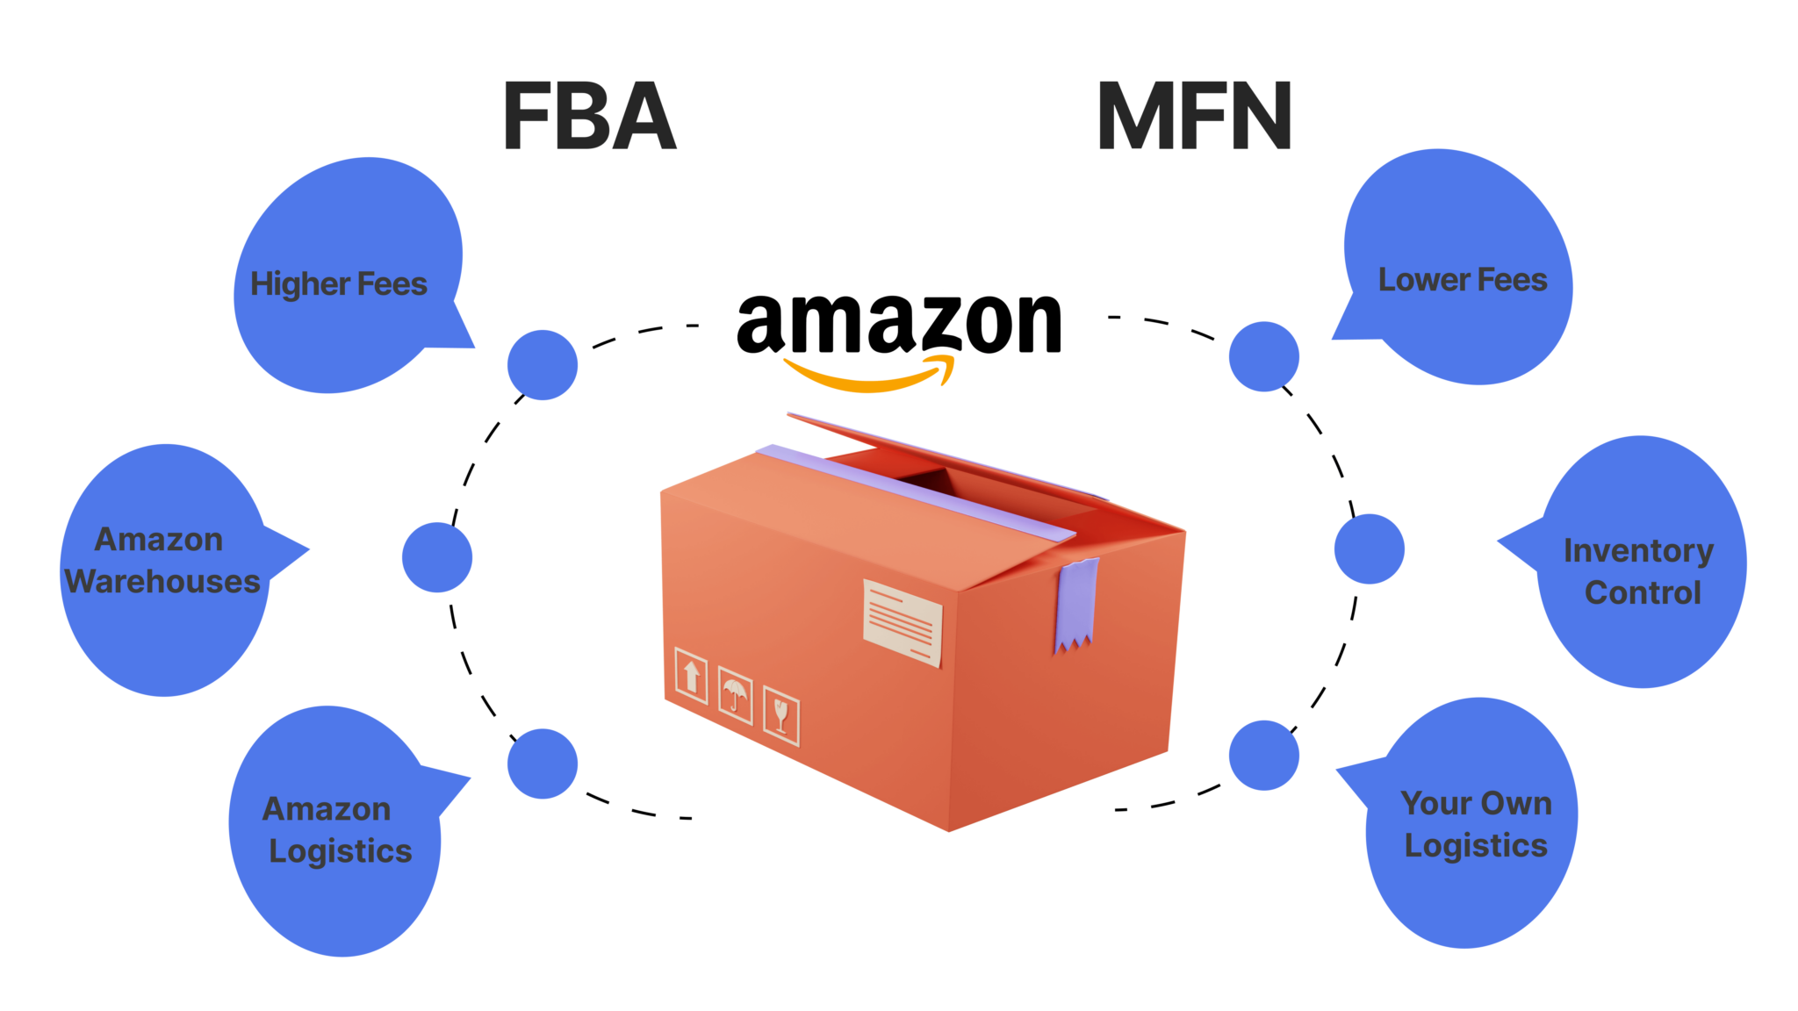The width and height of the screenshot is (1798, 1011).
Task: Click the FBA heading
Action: click(x=589, y=116)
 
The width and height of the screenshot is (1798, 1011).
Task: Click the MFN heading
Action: click(x=1194, y=116)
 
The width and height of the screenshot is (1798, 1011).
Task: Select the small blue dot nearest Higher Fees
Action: click(x=543, y=365)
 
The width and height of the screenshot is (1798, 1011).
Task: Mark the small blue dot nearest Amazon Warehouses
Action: click(x=437, y=557)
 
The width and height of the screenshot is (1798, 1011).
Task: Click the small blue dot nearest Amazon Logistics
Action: click(x=543, y=764)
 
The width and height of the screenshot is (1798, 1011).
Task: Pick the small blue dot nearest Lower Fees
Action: click(x=1263, y=356)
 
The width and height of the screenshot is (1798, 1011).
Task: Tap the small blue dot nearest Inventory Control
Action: click(x=1369, y=549)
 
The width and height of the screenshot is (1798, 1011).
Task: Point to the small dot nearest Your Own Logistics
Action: click(x=1263, y=755)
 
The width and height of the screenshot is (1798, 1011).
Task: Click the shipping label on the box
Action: click(x=903, y=622)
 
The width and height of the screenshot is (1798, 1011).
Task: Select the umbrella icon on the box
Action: click(x=735, y=695)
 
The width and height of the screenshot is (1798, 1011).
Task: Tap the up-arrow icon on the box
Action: click(x=691, y=677)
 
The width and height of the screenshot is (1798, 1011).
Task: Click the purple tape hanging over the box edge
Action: click(x=1076, y=606)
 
